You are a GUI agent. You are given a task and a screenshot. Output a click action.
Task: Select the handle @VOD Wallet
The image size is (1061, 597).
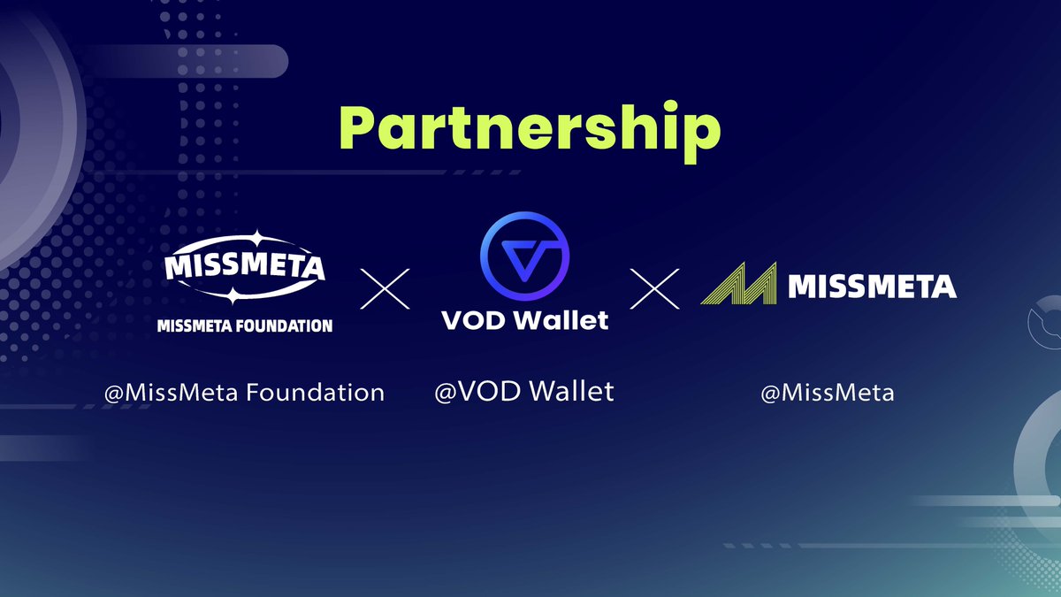tap(524, 391)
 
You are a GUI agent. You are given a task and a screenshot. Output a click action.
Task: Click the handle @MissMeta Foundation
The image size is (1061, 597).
tap(244, 392)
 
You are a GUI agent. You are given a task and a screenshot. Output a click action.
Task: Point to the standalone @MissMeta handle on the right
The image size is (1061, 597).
tap(828, 392)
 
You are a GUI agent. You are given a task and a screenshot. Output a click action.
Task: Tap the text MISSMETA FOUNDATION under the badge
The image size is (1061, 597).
tap(244, 325)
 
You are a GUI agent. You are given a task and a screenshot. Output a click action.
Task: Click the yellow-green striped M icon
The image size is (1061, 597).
tap(738, 284)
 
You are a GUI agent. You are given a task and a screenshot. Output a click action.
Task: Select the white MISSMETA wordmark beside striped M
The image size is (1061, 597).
tap(871, 287)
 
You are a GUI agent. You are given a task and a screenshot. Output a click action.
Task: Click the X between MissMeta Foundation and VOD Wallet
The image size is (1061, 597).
tap(386, 289)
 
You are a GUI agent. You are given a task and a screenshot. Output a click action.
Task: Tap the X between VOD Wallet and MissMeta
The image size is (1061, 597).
tap(655, 289)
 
